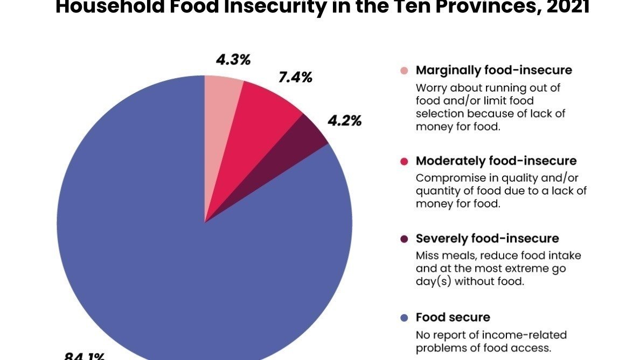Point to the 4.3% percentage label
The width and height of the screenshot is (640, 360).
[x=233, y=60]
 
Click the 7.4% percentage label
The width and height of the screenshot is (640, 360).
[x=295, y=78]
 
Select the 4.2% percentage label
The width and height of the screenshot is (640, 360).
[x=344, y=121]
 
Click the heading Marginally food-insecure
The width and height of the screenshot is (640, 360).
[x=494, y=71]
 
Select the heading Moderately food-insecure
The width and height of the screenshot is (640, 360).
[x=496, y=161]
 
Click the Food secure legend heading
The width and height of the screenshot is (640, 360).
[x=453, y=317]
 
